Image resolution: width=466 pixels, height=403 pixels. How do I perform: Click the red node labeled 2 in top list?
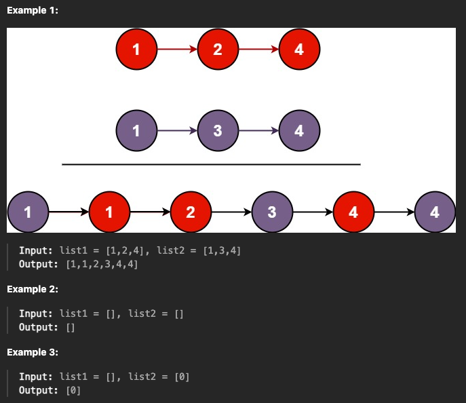217,49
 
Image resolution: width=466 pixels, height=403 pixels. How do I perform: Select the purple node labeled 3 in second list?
217,130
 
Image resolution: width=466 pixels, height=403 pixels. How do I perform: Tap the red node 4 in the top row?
299,49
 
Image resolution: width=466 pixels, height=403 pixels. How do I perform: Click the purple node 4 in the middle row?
299,130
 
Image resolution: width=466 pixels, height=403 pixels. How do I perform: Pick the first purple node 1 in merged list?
27,212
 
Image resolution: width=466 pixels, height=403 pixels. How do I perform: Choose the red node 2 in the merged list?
190,212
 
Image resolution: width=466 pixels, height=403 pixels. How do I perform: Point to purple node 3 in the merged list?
271,212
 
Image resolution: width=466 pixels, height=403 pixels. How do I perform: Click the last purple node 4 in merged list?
435,212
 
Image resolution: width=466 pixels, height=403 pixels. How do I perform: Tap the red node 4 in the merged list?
353,212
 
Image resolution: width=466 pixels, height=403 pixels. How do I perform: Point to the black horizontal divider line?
211,164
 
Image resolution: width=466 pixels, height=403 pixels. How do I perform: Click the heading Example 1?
33,10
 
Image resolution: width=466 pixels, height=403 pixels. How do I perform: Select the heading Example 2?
33,289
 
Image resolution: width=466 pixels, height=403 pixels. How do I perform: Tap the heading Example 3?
33,352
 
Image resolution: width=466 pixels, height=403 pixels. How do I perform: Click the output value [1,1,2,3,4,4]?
102,264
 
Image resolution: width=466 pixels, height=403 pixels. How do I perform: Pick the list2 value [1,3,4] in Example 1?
220,250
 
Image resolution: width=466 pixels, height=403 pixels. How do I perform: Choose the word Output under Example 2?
38,327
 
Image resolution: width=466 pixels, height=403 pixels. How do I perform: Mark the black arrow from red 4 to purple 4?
393,212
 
